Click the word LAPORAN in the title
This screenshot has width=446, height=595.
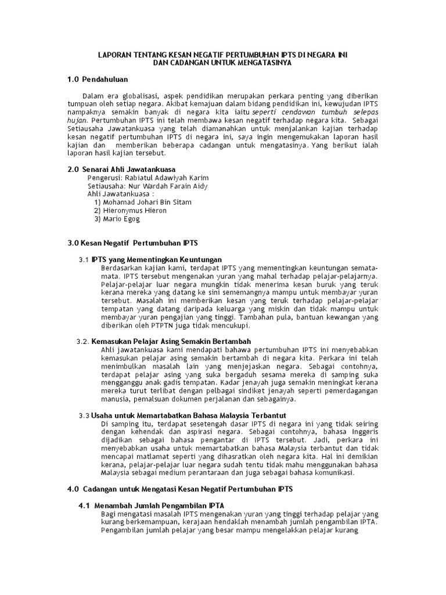(114, 55)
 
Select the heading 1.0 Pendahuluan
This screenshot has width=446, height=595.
(98, 79)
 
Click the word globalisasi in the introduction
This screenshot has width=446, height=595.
(138, 95)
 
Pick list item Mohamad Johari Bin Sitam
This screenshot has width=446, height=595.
(147, 202)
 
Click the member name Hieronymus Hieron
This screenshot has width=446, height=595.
(135, 210)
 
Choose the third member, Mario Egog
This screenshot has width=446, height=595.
(121, 219)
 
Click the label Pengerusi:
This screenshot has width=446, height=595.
(105, 177)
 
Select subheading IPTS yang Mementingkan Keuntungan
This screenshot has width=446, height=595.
(157, 259)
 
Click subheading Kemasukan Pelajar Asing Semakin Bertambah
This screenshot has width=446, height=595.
(171, 341)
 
